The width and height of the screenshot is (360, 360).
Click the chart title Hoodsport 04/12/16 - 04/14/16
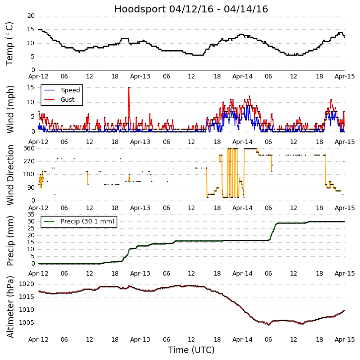(x=191, y=9)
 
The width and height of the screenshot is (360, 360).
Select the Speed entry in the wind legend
(x=70, y=90)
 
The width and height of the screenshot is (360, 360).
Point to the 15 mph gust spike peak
(x=129, y=87)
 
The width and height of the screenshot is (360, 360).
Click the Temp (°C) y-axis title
(x=10, y=43)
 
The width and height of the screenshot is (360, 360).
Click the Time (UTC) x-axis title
(x=191, y=350)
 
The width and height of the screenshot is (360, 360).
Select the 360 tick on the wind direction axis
(x=28, y=148)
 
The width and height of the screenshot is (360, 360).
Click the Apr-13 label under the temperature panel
(x=141, y=76)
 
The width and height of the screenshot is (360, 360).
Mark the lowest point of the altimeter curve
(x=268, y=325)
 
